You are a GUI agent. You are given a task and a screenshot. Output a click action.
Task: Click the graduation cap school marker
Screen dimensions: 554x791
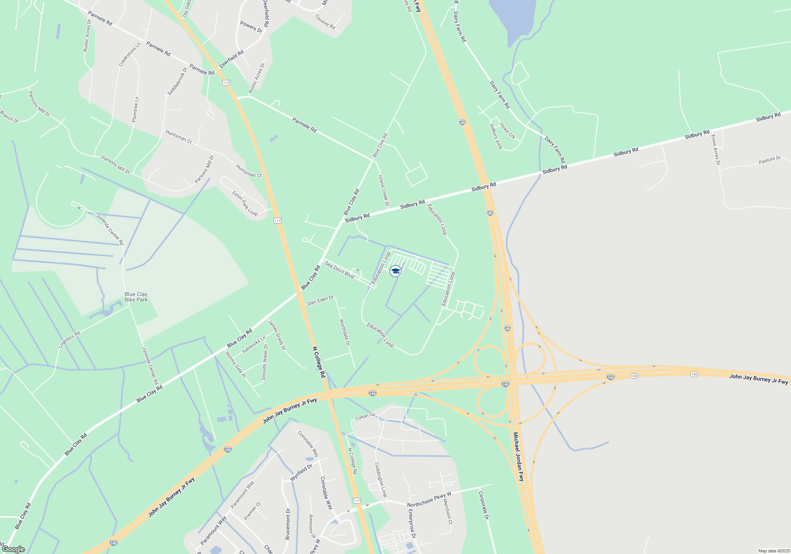tap(395, 271)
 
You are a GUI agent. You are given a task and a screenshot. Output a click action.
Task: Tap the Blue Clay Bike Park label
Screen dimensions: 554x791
tap(136, 297)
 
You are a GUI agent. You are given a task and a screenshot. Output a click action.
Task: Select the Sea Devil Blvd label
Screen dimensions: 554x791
tap(339, 269)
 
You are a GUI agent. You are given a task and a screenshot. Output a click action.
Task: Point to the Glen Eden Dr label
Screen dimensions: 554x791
tap(320, 300)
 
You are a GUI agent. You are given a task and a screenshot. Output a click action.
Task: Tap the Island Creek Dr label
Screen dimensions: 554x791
tap(384, 191)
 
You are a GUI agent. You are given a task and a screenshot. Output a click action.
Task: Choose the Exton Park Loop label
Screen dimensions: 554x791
tap(245, 204)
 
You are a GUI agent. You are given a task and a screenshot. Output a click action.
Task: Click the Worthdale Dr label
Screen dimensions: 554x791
tap(345, 332)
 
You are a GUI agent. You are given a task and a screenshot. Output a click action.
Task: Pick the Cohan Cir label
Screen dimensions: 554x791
tap(365, 416)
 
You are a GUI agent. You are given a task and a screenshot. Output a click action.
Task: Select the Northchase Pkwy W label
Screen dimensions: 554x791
tap(429, 499)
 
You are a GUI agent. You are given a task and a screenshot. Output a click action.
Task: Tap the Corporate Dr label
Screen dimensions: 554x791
tap(484, 505)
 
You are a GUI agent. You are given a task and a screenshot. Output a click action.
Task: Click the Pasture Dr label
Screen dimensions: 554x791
tap(770, 160)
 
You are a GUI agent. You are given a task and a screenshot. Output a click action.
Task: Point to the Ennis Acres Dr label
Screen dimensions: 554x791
tap(715, 150)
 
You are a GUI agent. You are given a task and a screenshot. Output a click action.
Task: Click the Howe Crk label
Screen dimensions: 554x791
tap(507, 131)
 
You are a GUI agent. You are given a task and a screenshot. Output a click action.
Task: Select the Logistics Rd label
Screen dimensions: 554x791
tap(69, 340)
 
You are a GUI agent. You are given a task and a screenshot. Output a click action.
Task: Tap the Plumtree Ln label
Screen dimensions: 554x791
tap(135, 109)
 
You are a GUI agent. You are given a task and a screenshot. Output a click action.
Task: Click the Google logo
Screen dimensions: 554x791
tap(13, 549)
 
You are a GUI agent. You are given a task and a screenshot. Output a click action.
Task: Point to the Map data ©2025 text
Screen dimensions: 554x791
tap(774, 551)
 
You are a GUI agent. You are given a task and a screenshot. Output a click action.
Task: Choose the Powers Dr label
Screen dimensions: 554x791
tap(251, 27)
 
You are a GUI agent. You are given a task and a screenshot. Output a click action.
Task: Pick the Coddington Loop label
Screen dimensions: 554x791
tap(380, 480)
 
